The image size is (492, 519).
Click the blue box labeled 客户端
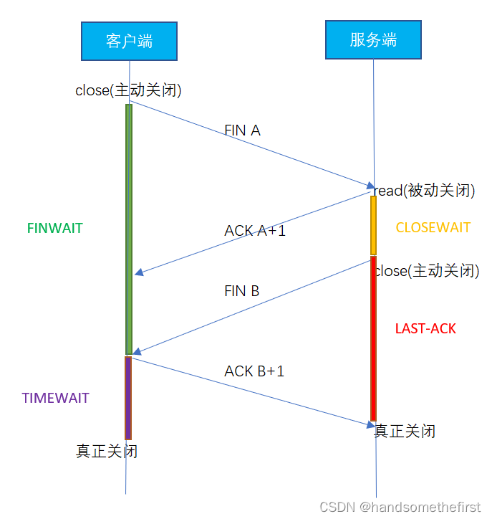pyautogui.click(x=129, y=41)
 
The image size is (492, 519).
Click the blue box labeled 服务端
pyautogui.click(x=373, y=39)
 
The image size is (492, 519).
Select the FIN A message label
pyautogui.click(x=242, y=130)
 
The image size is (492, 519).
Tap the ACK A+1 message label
pyautogui.click(x=255, y=231)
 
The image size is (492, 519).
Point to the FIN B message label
pyautogui.click(x=241, y=291)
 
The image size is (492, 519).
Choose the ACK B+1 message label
pyautogui.click(x=254, y=371)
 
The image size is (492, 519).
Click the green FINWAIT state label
pyautogui.click(x=54, y=229)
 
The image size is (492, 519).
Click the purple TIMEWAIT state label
pyautogui.click(x=55, y=398)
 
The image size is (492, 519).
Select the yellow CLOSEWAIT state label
pyautogui.click(x=433, y=227)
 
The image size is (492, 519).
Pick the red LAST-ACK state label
pyautogui.click(x=425, y=329)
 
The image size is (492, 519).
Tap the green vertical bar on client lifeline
pyautogui.click(x=129, y=229)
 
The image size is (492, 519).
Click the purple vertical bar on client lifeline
pyautogui.click(x=128, y=398)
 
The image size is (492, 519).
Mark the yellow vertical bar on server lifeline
pyautogui.click(x=373, y=225)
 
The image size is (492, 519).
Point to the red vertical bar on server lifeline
pyautogui.click(x=373, y=337)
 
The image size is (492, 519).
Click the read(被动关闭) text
pyautogui.click(x=425, y=190)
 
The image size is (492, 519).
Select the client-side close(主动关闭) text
pyautogui.click(x=128, y=90)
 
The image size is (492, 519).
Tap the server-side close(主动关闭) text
pyautogui.click(x=427, y=271)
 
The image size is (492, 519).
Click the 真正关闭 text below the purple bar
pyautogui.click(x=107, y=452)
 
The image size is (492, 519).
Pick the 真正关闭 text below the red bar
pyautogui.click(x=405, y=431)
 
